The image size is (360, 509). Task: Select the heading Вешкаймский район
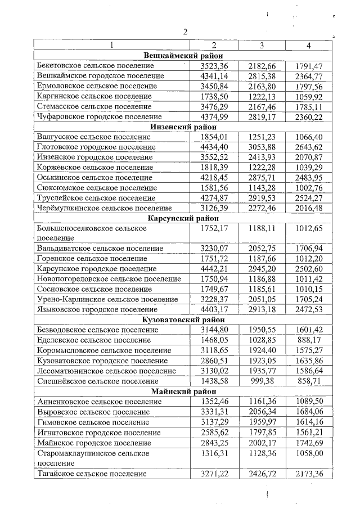click(183, 55)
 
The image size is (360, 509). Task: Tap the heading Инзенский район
click(183, 127)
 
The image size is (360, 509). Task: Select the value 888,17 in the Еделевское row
click(311, 340)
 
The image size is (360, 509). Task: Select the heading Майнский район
click(183, 391)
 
